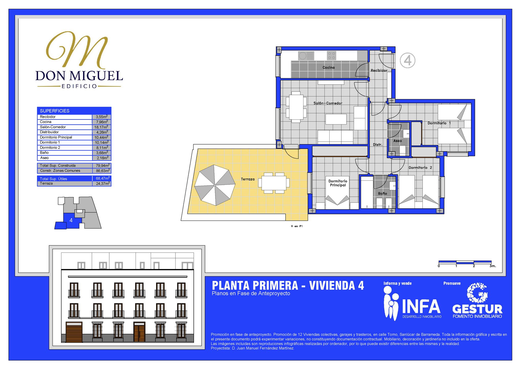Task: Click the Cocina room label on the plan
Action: (x=328, y=67)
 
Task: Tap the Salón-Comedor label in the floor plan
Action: (x=328, y=103)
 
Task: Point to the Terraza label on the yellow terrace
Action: (x=248, y=179)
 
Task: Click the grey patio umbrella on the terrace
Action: (x=215, y=185)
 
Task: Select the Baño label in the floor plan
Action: (x=382, y=193)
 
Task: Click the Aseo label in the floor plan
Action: (x=397, y=141)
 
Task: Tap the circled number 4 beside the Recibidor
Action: (x=407, y=60)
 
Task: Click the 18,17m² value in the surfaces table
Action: (x=101, y=127)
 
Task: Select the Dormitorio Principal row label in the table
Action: (x=56, y=137)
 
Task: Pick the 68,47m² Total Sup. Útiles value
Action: (x=103, y=178)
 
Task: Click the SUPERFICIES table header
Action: (x=55, y=111)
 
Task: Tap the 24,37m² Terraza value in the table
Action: (x=103, y=183)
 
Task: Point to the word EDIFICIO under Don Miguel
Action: (x=79, y=86)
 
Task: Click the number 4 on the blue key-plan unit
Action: (x=71, y=220)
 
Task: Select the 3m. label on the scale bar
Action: (x=493, y=266)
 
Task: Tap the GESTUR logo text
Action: (x=477, y=309)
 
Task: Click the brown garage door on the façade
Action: (x=74, y=332)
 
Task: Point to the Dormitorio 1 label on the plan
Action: (x=439, y=123)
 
